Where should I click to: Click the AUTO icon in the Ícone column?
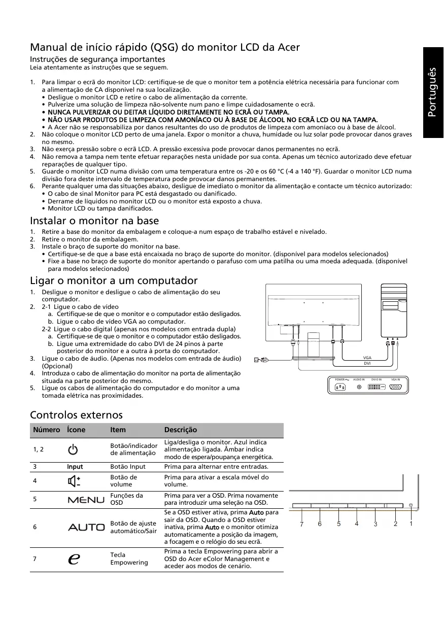[x=86, y=527]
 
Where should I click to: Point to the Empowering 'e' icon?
[x=74, y=558]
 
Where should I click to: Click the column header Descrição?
[x=181, y=430]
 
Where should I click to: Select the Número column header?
[x=47, y=430]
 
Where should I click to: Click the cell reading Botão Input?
[x=128, y=467]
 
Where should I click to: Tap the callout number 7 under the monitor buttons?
[x=301, y=524]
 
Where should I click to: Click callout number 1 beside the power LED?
[x=411, y=523]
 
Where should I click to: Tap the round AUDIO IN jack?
[x=359, y=387]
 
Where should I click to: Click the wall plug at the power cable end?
[x=257, y=360]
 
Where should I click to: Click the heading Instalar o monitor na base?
[x=94, y=221]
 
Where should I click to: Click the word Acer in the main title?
[x=288, y=47]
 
